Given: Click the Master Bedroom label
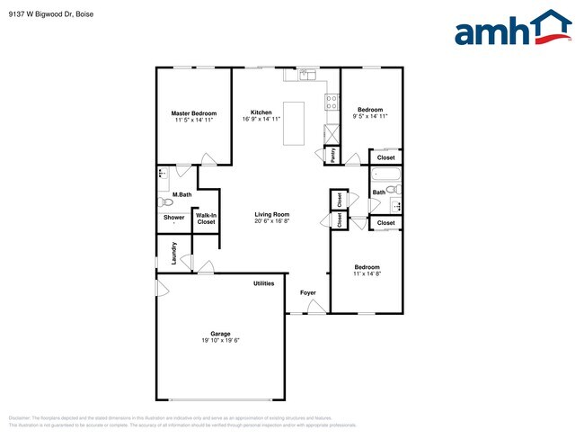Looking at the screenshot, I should (194, 113).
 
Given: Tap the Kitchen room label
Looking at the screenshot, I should (261, 112).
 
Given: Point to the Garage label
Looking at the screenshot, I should (220, 332).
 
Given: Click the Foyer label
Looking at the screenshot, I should (308, 293).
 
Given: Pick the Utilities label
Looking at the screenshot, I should (263, 283).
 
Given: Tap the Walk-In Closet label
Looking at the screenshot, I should (206, 219).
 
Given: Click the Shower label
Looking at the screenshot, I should (173, 217).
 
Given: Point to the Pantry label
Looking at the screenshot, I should (332, 154).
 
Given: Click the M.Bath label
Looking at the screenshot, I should (181, 194).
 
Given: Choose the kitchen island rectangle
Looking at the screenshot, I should (293, 123).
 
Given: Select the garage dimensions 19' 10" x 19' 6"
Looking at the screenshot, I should (220, 340).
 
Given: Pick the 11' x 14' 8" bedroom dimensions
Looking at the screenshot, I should (366, 274).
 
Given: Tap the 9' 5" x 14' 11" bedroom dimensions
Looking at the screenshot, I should (370, 116).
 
